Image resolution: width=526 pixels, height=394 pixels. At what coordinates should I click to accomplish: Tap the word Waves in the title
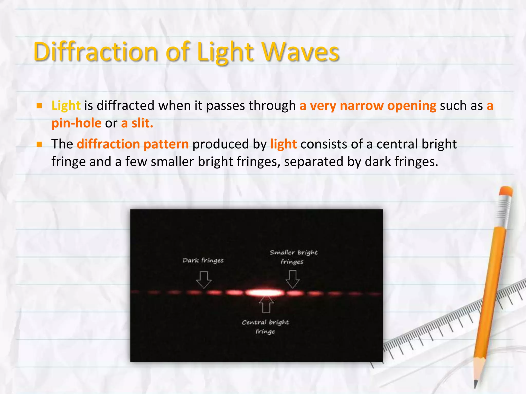coord(300,52)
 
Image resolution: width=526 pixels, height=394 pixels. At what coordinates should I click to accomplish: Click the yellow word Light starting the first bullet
coord(66,106)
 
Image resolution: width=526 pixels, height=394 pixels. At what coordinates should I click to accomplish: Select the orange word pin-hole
coord(77,123)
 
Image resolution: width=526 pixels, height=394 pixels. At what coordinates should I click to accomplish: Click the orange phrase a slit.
coord(137,123)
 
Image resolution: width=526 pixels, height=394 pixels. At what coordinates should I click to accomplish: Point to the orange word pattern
coord(166,144)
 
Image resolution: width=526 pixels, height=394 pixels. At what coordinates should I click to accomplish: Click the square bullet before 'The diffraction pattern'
coord(39,144)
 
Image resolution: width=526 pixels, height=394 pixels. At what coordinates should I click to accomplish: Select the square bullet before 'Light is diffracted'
coord(39,106)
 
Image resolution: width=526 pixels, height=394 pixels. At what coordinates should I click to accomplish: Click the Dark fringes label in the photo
coord(203,261)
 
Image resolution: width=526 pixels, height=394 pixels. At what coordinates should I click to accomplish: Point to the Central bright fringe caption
coord(265,327)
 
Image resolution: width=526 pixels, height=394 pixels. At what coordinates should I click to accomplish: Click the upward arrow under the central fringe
coord(266,305)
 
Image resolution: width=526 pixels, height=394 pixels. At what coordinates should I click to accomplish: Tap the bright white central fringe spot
coord(265,292)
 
